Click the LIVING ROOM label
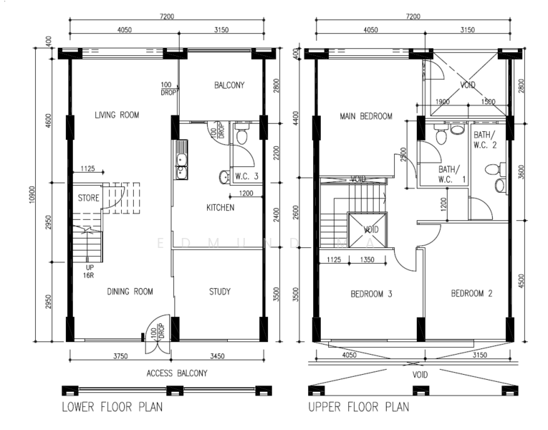pos(117,115)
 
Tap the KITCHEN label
pos(221,208)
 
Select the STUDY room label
pos(220,291)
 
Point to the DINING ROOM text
pos(130,291)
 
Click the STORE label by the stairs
pos(88,198)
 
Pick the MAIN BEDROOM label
pos(366,116)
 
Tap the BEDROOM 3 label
pos(371,294)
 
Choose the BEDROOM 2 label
pos(471,294)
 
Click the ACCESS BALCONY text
pos(177,373)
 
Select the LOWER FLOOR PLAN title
pos(111,408)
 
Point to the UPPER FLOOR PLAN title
pos(358,408)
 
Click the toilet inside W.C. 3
pos(241,134)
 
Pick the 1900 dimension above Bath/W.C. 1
pos(442,102)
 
